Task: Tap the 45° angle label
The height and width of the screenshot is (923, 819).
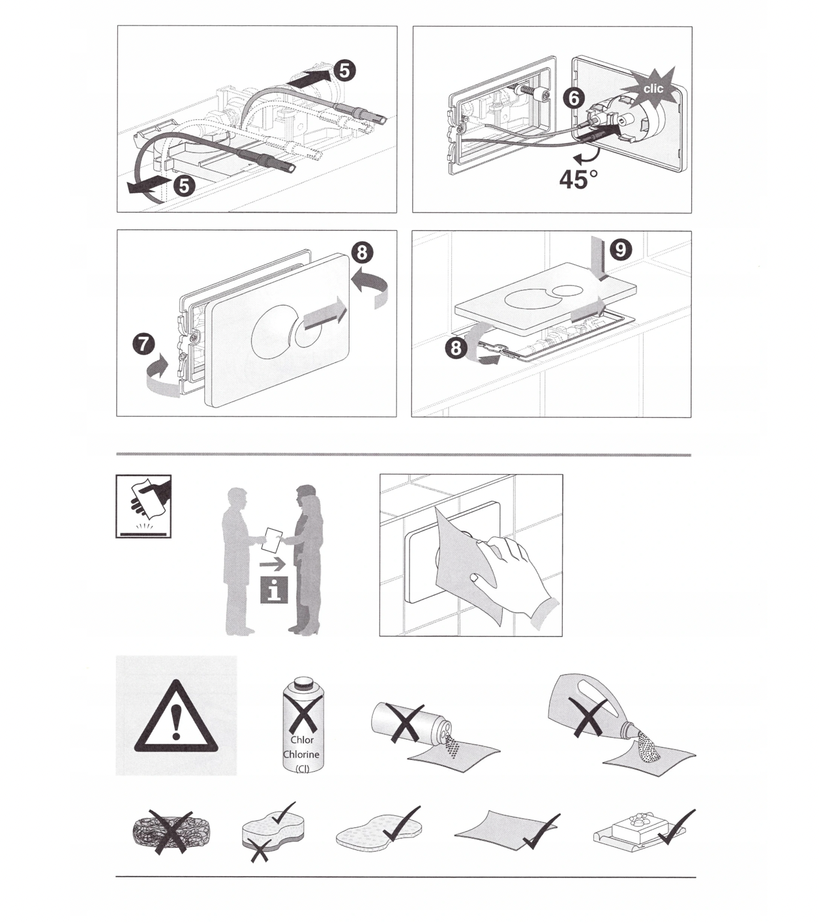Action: click(x=578, y=179)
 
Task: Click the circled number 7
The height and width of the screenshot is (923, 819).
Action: click(x=143, y=344)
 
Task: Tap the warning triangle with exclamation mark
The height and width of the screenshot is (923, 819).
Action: click(x=176, y=716)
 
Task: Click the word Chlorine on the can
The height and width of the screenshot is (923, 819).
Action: click(x=301, y=754)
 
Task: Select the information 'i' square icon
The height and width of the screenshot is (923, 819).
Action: click(x=274, y=590)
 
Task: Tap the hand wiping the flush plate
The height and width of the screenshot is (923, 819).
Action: click(x=515, y=575)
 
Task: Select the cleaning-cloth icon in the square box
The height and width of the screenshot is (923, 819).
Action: click(x=143, y=506)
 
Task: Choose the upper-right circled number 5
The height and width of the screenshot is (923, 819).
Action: click(x=344, y=70)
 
